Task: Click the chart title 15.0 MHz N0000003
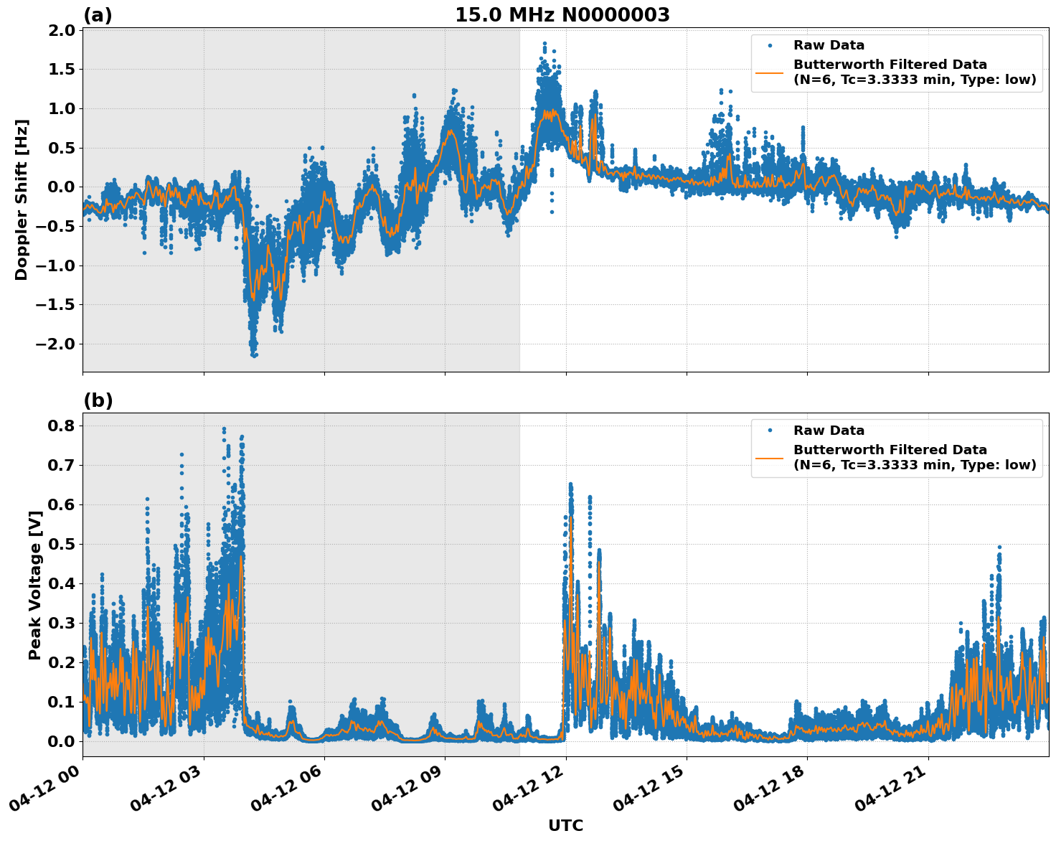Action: [562, 14]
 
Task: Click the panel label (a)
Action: [98, 15]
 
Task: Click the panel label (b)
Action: [98, 400]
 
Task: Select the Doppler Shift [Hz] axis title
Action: [22, 199]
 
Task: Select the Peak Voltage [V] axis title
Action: [34, 584]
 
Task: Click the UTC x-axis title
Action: [565, 825]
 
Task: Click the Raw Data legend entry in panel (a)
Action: [829, 45]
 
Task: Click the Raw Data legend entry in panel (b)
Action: [829, 431]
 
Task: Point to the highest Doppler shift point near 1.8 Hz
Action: [544, 44]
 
